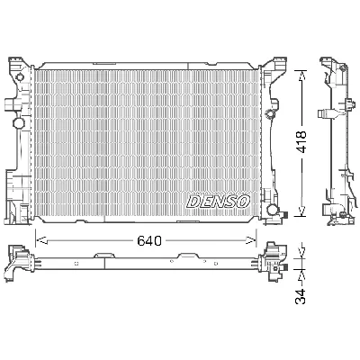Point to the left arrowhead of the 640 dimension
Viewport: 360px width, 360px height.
pos(39,240)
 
